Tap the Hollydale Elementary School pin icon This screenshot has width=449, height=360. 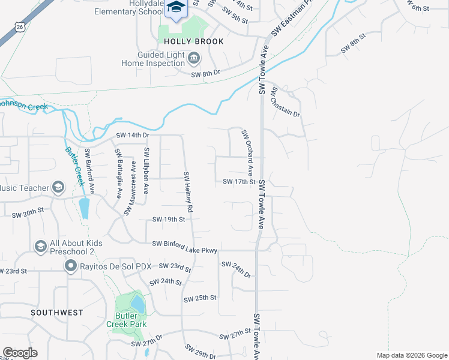(x=176, y=7)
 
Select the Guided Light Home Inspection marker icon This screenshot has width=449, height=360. (x=194, y=58)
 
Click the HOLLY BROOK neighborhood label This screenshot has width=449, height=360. (x=194, y=41)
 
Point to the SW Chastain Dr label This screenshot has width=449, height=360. (x=285, y=103)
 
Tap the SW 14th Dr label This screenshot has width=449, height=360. (x=133, y=135)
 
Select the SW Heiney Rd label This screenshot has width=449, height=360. (x=188, y=192)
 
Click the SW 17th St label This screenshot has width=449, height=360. (x=239, y=182)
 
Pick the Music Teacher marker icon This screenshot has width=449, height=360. (x=58, y=188)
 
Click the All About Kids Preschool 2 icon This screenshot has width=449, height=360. (x=40, y=247)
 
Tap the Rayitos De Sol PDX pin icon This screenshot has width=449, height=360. (x=70, y=266)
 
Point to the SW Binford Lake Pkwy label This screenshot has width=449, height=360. (x=184, y=244)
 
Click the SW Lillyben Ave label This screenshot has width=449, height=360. (x=146, y=171)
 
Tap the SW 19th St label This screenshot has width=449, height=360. (x=169, y=220)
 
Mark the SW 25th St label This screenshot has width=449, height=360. (x=200, y=298)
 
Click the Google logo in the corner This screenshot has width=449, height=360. (x=20, y=353)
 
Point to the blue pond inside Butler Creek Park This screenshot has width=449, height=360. (x=137, y=304)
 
